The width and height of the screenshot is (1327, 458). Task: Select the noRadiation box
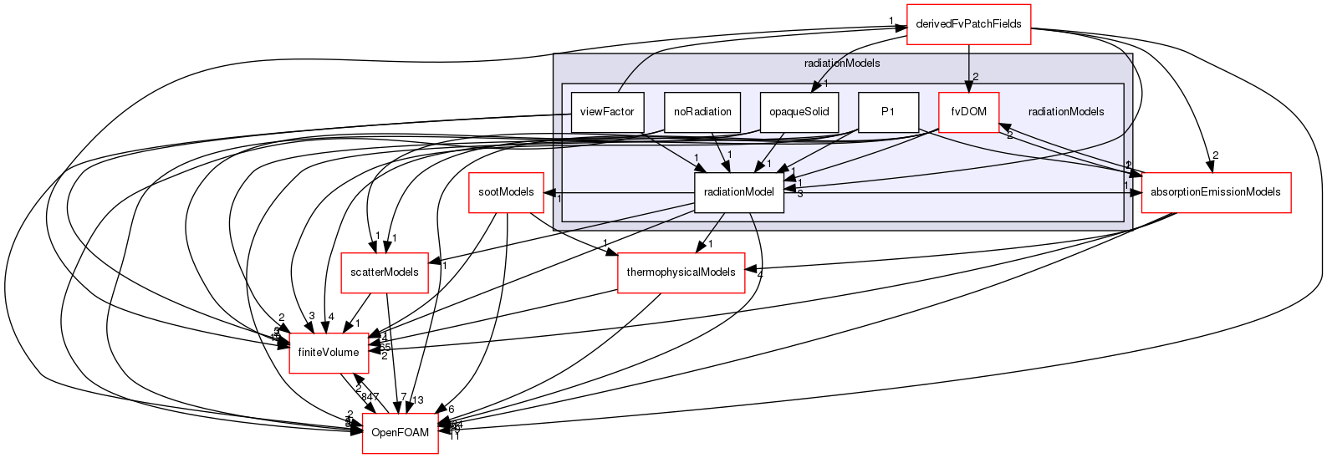[x=702, y=112]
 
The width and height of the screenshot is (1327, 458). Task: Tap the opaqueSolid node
[x=799, y=112]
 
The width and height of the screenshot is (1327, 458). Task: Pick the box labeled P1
[x=888, y=112]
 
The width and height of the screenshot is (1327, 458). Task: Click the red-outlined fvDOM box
[x=968, y=112]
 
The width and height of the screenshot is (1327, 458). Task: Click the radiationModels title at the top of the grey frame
[x=841, y=64]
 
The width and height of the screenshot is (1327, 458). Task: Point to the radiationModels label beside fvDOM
[x=1065, y=112]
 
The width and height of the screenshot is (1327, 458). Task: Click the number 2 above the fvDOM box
[x=975, y=77]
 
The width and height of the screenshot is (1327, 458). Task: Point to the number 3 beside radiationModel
[x=799, y=194]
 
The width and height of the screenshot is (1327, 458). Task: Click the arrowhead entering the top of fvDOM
[x=968, y=86]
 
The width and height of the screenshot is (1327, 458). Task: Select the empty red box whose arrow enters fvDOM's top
[x=968, y=23]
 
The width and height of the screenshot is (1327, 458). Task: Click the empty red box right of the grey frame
[x=1216, y=193]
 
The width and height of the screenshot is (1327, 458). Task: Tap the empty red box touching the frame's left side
[x=506, y=193]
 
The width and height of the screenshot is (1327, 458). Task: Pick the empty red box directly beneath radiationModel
[x=681, y=273]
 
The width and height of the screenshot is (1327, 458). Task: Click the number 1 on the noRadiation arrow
[x=729, y=155]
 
